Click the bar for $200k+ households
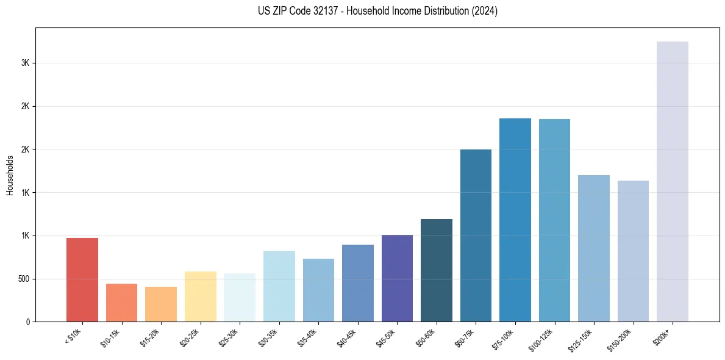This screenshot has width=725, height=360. coord(672,181)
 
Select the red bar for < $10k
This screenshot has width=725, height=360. coord(82,279)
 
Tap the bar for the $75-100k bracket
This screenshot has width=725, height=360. coord(515,220)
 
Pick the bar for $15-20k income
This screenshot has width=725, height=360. coord(161,304)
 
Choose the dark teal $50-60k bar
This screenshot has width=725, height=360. coord(437,270)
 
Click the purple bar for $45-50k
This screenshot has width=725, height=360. coord(397,278)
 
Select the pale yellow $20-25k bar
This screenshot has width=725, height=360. coord(201,296)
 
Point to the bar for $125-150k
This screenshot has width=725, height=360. coord(594,248)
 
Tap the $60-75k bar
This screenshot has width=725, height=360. coord(476,235)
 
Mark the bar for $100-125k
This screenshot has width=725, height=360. coord(554,220)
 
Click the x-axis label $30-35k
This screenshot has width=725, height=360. coord(269,337)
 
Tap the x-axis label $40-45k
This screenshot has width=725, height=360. coord(348,337)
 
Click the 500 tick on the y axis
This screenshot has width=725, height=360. coord(23,279)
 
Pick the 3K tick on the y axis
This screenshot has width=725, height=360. coord(25,63)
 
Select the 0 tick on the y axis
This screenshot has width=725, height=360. coord(28,322)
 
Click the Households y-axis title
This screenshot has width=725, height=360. coord(10,175)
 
